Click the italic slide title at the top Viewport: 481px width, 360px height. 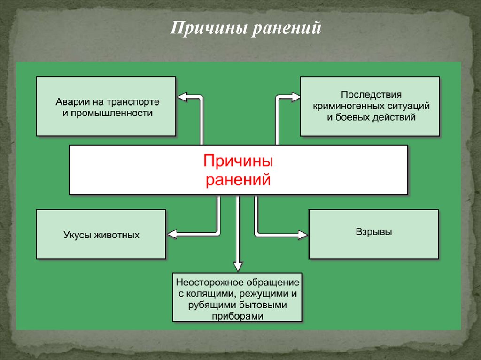click(246, 28)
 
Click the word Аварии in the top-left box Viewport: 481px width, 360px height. click(70, 102)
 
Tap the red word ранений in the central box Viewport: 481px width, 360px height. click(238, 179)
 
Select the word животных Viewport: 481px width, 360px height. click(117, 235)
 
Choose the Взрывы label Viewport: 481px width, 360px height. click(373, 232)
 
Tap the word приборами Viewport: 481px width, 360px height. click(237, 316)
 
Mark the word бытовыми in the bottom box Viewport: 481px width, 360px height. click(267, 305)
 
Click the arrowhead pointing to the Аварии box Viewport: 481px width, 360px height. click(182, 97)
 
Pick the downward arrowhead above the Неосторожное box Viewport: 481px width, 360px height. click(238, 268)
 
